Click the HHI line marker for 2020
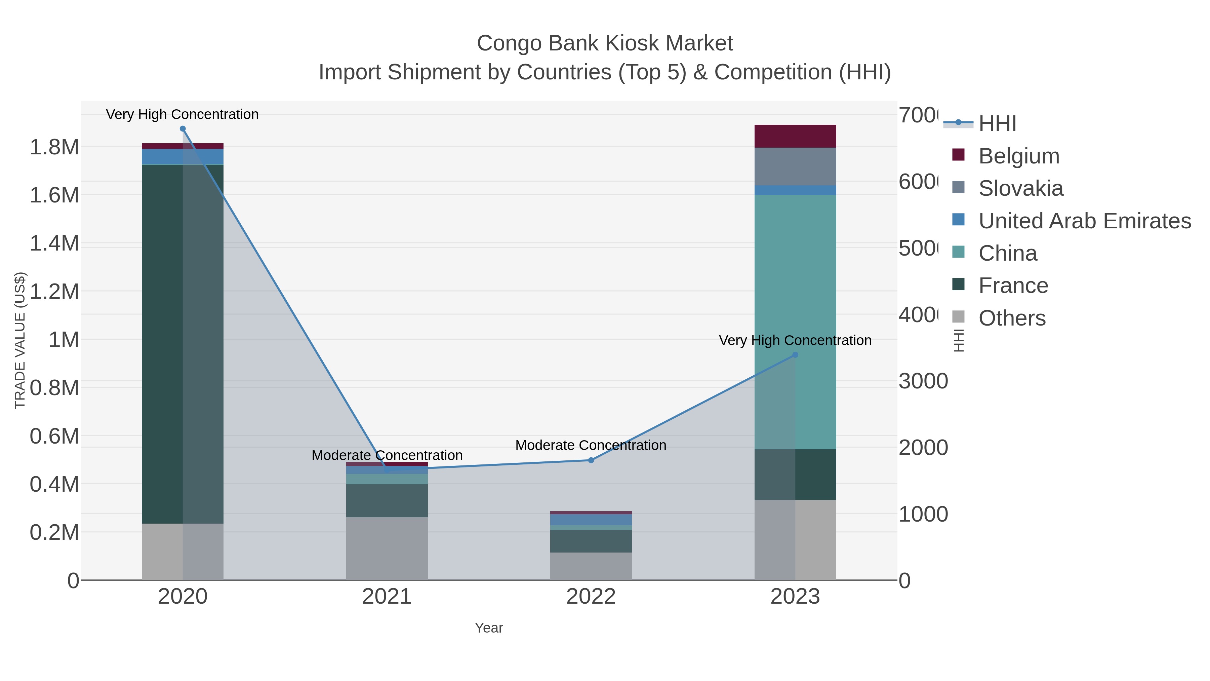[x=183, y=129]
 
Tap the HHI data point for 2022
[x=591, y=460]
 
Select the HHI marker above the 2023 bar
[x=795, y=355]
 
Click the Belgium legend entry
[x=1018, y=156]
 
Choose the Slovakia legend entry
[x=1020, y=188]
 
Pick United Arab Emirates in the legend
[x=1084, y=221]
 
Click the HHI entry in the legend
[x=997, y=124]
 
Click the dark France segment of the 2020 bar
[x=162, y=343]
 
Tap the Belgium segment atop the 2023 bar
[x=795, y=136]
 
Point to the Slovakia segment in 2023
[x=795, y=166]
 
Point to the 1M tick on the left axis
[x=64, y=339]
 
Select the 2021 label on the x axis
[x=387, y=596]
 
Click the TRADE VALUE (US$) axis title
[x=20, y=340]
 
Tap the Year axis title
[x=488, y=628]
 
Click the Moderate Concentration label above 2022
[x=591, y=445]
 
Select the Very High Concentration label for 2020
[x=182, y=114]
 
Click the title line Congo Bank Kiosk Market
[x=605, y=43]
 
